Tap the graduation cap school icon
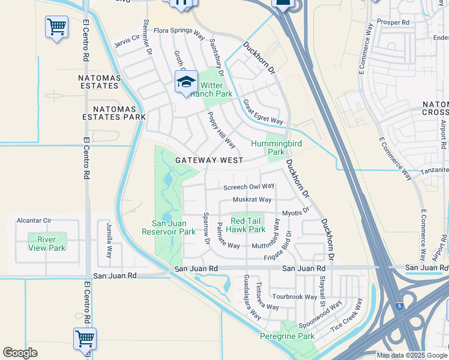pos(186,81)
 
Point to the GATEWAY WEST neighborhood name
pos(209,160)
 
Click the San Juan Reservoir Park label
pos(169,227)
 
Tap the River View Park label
pos(47,244)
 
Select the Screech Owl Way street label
pos(249,187)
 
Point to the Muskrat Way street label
pos(252,200)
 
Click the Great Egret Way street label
pos(263,112)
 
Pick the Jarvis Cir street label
pos(127,41)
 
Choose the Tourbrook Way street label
pos(294,296)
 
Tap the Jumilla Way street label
pos(109,240)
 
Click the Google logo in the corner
pos(20,353)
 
